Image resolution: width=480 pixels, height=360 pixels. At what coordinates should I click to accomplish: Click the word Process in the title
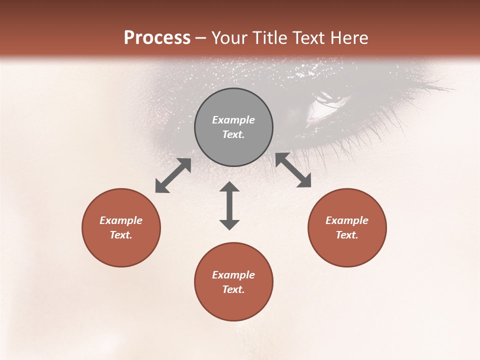pyautogui.click(x=157, y=38)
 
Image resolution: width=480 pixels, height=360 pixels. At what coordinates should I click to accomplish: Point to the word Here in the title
pyautogui.click(x=349, y=38)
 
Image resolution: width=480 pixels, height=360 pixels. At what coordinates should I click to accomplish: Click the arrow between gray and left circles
pyautogui.click(x=173, y=175)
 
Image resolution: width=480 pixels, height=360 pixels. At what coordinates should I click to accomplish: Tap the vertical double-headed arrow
pyautogui.click(x=229, y=205)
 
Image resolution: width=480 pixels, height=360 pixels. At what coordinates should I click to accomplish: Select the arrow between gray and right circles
pyautogui.click(x=293, y=170)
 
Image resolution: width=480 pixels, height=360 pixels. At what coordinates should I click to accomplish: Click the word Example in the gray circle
pyautogui.click(x=233, y=120)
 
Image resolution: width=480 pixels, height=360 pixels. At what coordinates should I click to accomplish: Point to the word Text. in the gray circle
pyautogui.click(x=233, y=134)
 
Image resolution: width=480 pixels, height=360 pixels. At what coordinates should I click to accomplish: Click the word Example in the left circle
pyautogui.click(x=121, y=220)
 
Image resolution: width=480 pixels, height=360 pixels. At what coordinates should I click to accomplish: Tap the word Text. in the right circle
pyautogui.click(x=347, y=235)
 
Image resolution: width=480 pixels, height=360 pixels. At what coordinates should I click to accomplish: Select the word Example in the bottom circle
pyautogui.click(x=233, y=275)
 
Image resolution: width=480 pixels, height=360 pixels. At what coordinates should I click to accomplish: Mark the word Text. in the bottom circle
pyautogui.click(x=233, y=289)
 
